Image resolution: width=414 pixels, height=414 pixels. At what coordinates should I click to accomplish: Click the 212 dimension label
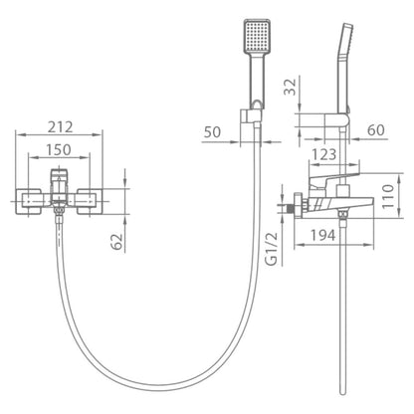(60, 127)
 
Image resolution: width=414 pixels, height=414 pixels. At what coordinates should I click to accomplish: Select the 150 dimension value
(59, 150)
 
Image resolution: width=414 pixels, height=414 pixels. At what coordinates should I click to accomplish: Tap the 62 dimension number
(116, 242)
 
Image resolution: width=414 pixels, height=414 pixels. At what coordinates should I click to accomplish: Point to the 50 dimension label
(212, 132)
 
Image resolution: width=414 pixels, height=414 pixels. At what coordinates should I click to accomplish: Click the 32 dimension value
(290, 87)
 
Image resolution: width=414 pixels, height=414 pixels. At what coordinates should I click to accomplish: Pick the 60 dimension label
(376, 130)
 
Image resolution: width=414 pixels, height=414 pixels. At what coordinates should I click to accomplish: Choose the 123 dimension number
(324, 154)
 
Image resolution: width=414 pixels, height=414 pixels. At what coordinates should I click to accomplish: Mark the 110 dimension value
(387, 196)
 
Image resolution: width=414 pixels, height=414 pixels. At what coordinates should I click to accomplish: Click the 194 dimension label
(322, 235)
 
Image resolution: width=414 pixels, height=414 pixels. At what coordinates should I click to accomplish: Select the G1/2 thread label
(272, 249)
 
